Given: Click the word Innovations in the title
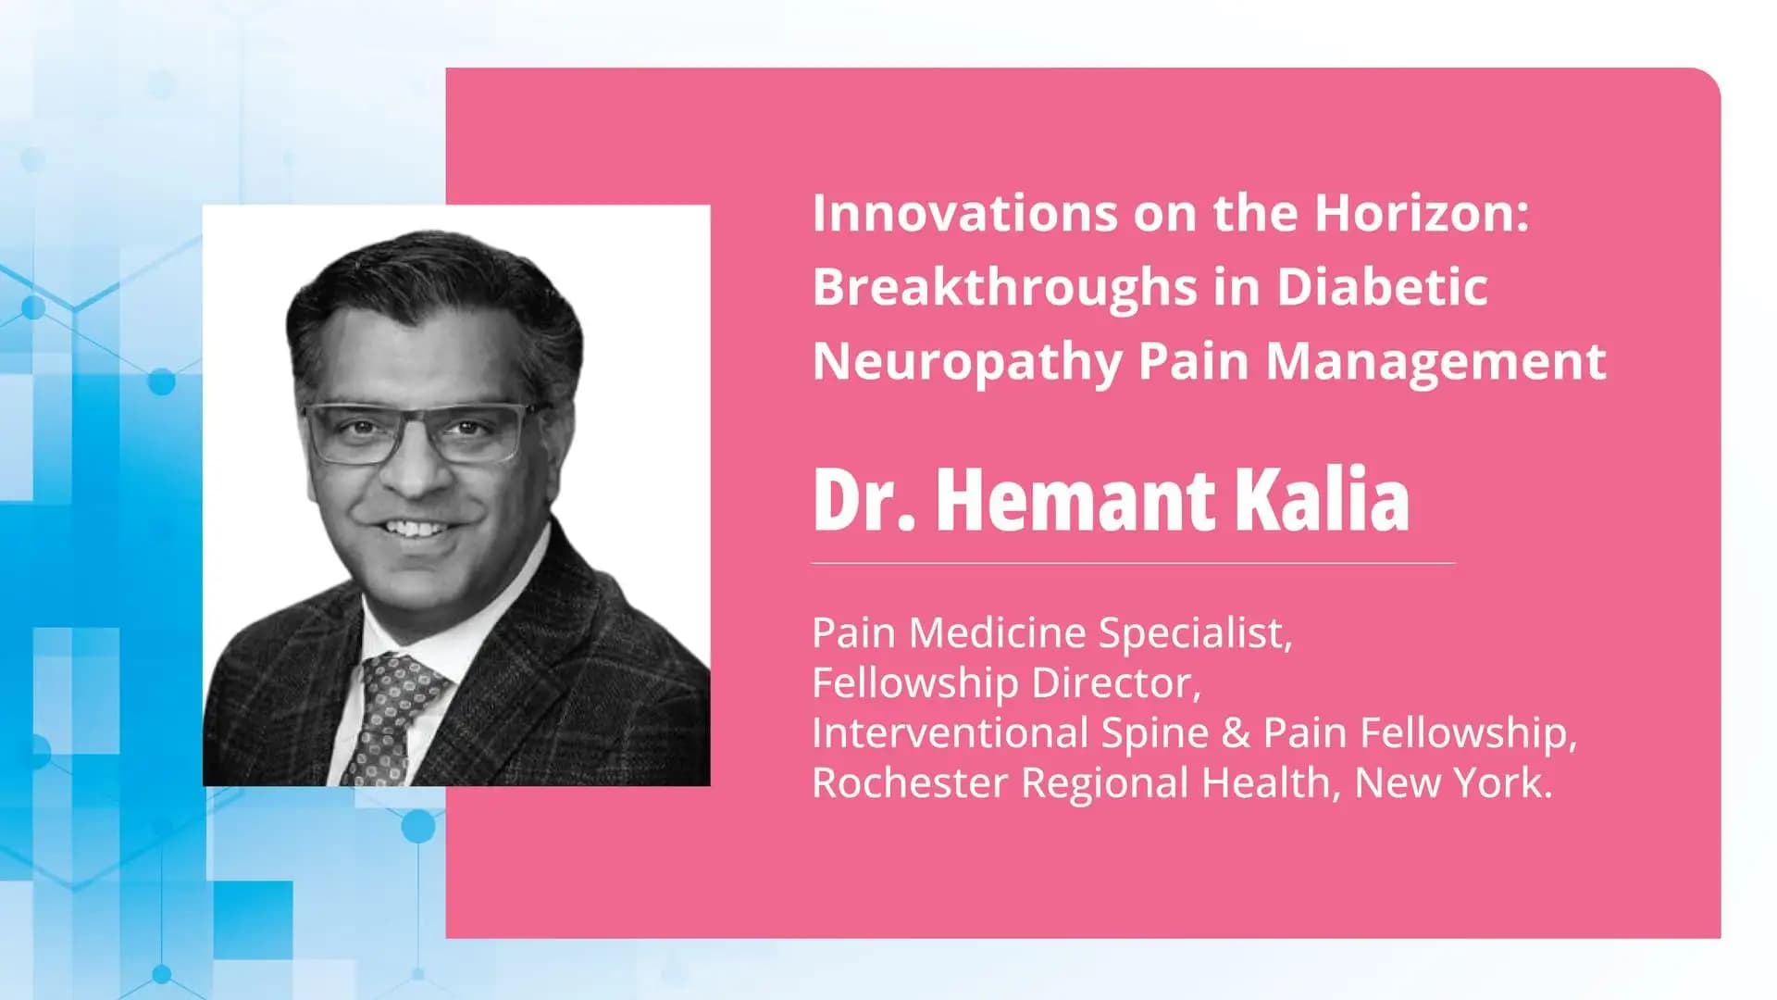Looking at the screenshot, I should click(x=963, y=213).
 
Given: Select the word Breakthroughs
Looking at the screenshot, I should click(x=1005, y=287).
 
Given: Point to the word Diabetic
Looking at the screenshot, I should click(x=1382, y=287).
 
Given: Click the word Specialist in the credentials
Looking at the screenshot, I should click(x=1195, y=633).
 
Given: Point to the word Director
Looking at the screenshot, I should click(x=1116, y=683).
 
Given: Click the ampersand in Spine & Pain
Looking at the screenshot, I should click(x=1236, y=733).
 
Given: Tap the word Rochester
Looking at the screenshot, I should click(x=909, y=783).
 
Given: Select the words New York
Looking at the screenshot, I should click(x=1453, y=783).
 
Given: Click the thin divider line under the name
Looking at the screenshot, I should click(x=1133, y=563).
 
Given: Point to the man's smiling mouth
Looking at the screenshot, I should click(x=416, y=529).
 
